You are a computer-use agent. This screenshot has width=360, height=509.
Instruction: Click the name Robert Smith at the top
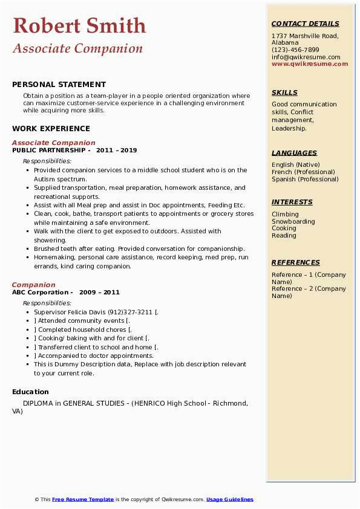click(x=79, y=25)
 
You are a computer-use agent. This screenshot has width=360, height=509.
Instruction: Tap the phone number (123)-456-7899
click(x=295, y=50)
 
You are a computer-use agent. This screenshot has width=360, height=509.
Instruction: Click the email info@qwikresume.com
click(x=306, y=57)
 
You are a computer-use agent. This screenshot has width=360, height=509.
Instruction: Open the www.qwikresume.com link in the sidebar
click(x=310, y=64)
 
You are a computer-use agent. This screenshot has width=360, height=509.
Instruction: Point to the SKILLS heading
click(x=284, y=93)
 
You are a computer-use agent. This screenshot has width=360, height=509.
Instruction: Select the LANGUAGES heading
click(x=294, y=154)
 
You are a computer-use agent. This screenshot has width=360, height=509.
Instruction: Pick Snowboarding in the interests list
click(x=293, y=221)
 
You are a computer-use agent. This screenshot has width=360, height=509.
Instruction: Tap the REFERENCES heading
click(x=296, y=263)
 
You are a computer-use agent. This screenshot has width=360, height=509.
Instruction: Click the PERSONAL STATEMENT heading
click(x=59, y=85)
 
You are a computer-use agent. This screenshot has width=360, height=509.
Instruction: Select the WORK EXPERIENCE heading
click(x=51, y=129)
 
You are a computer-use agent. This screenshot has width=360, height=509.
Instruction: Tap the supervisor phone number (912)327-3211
click(x=131, y=312)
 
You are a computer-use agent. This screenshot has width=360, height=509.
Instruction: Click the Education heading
click(x=30, y=392)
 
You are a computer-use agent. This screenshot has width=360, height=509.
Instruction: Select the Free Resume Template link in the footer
click(x=83, y=499)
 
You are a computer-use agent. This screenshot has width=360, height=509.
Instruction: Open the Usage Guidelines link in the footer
click(x=229, y=499)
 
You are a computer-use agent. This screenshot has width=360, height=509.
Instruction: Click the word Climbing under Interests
click(x=285, y=214)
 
